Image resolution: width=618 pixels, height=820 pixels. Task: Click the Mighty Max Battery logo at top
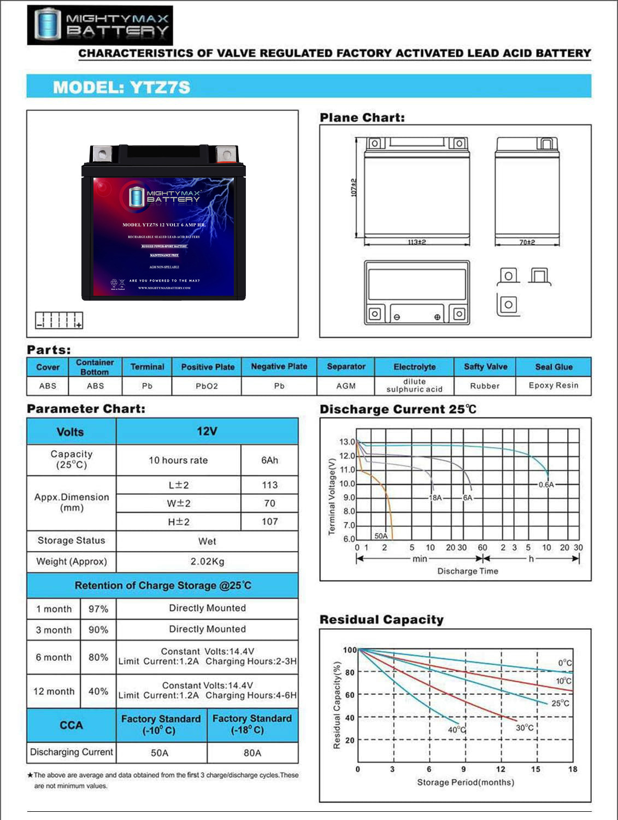[x=100, y=25]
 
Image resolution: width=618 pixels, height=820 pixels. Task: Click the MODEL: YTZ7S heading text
[x=121, y=87]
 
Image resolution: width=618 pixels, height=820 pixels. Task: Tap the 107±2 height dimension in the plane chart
[x=354, y=188]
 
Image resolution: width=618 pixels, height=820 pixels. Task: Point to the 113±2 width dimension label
[x=416, y=242]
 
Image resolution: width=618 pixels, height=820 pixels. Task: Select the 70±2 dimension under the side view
[x=527, y=242]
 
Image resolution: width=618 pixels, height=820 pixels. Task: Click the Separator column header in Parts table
[x=346, y=367]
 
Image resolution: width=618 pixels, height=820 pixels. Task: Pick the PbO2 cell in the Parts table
[x=207, y=386]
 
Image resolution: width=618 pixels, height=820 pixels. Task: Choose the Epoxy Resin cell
[x=553, y=385]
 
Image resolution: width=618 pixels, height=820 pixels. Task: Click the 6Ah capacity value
[x=269, y=460]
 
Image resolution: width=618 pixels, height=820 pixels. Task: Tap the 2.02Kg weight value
[x=207, y=561]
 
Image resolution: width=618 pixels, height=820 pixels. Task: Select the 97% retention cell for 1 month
[x=98, y=609]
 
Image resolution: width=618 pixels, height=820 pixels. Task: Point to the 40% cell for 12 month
[x=98, y=692]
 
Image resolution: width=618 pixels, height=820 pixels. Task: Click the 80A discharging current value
[x=252, y=753]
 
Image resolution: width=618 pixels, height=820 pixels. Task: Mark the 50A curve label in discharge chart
[x=381, y=536]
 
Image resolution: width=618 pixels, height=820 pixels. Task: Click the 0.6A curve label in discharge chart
[x=546, y=484]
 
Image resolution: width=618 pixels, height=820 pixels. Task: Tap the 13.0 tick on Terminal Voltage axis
[x=346, y=442]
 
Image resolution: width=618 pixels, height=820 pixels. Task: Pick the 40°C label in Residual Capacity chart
[x=457, y=730]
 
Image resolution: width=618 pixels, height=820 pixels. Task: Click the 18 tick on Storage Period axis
[x=573, y=769]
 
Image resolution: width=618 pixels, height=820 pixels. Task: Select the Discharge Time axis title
[x=468, y=571]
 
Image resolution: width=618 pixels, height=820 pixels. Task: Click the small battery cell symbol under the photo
[x=59, y=320]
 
